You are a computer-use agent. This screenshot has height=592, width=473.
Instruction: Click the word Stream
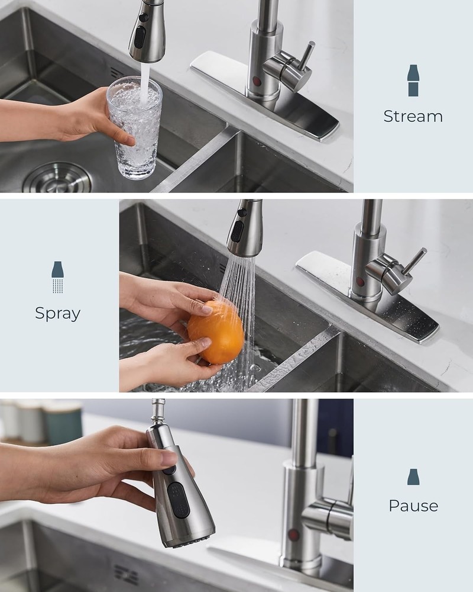click(413, 116)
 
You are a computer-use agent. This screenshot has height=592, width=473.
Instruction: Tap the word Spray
click(57, 313)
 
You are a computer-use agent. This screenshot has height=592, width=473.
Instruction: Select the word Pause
click(413, 506)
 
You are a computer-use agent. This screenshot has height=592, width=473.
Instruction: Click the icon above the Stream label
click(413, 81)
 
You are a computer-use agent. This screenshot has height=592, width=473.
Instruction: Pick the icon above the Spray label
click(57, 277)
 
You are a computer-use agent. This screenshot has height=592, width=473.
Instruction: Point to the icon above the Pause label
click(413, 477)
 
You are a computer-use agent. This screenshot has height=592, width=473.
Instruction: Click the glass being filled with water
click(134, 127)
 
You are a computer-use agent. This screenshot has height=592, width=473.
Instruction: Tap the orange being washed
click(216, 332)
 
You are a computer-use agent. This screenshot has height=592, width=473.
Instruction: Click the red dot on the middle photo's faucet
click(360, 282)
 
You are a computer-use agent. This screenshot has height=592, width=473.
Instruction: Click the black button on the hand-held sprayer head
click(176, 500)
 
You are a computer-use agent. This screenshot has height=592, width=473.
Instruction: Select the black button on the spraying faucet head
click(237, 231)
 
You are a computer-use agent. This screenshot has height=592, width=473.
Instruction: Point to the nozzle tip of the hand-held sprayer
click(188, 542)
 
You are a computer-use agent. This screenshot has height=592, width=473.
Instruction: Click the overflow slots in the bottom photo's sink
click(126, 574)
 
